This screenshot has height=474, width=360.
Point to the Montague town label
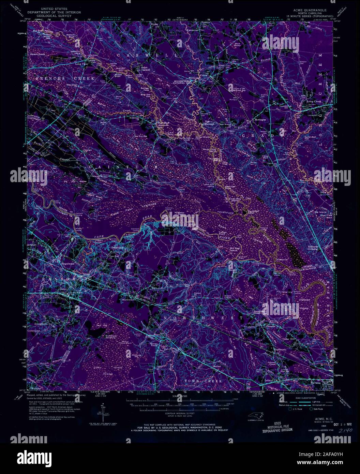260,119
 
